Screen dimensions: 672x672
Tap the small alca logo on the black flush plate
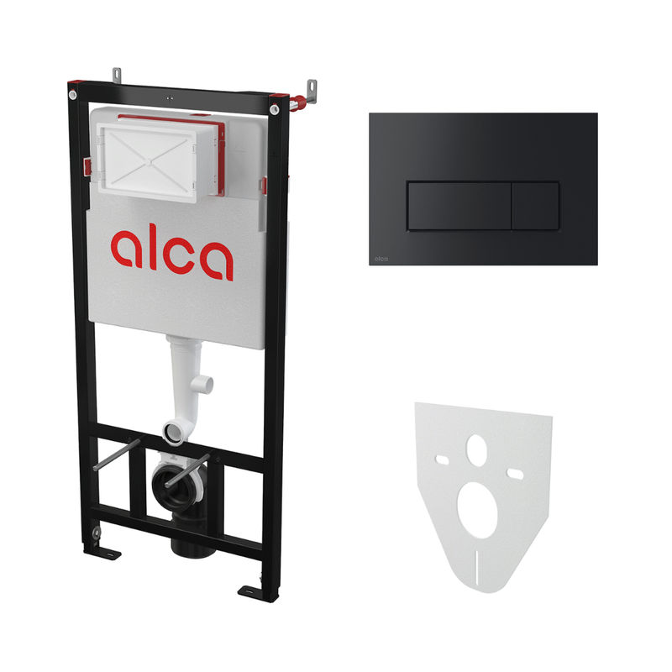[x=381, y=259]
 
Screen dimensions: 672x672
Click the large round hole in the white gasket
[x=477, y=510]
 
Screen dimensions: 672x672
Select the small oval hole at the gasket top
[x=476, y=450]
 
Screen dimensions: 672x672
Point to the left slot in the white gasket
[x=442, y=460]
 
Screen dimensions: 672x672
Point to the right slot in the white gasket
[x=515, y=474]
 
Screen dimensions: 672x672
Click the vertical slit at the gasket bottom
[x=476, y=564]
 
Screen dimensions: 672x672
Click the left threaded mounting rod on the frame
[x=116, y=454]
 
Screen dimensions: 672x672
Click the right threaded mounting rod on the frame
[x=187, y=470]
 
